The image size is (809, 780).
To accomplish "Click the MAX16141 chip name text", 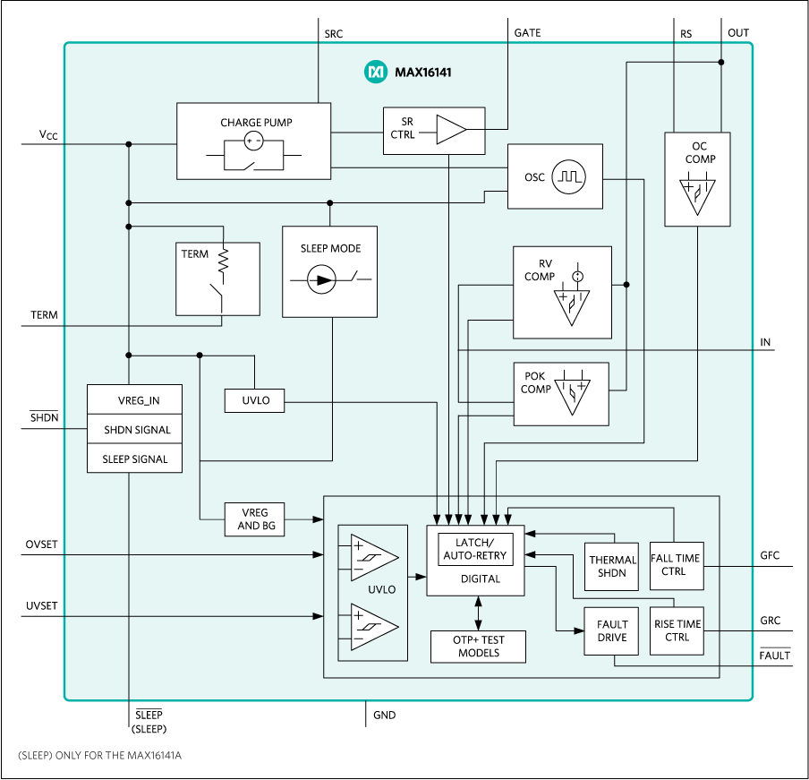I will tap(423, 72).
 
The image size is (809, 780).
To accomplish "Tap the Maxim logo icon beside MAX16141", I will tap(374, 72).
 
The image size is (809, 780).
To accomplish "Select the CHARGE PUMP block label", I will tap(256, 123).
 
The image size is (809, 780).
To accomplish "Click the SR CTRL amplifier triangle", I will tap(451, 130).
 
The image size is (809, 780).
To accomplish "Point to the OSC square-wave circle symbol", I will tap(567, 176).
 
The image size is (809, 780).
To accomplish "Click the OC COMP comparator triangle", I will tap(697, 196).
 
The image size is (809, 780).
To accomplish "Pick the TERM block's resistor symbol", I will tap(224, 261).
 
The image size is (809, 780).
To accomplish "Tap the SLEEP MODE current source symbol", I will tap(321, 280).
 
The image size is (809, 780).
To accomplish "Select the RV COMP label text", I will tap(540, 270).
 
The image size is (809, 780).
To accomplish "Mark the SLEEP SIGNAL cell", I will tap(135, 459).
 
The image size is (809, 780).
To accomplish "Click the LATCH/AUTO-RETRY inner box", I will tap(475, 549).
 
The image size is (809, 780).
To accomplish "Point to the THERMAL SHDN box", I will tap(612, 566).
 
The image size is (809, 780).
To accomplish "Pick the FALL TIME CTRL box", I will tap(675, 565).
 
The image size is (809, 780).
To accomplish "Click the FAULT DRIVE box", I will tap(612, 630).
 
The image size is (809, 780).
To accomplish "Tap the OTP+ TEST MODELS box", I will tap(479, 647).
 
